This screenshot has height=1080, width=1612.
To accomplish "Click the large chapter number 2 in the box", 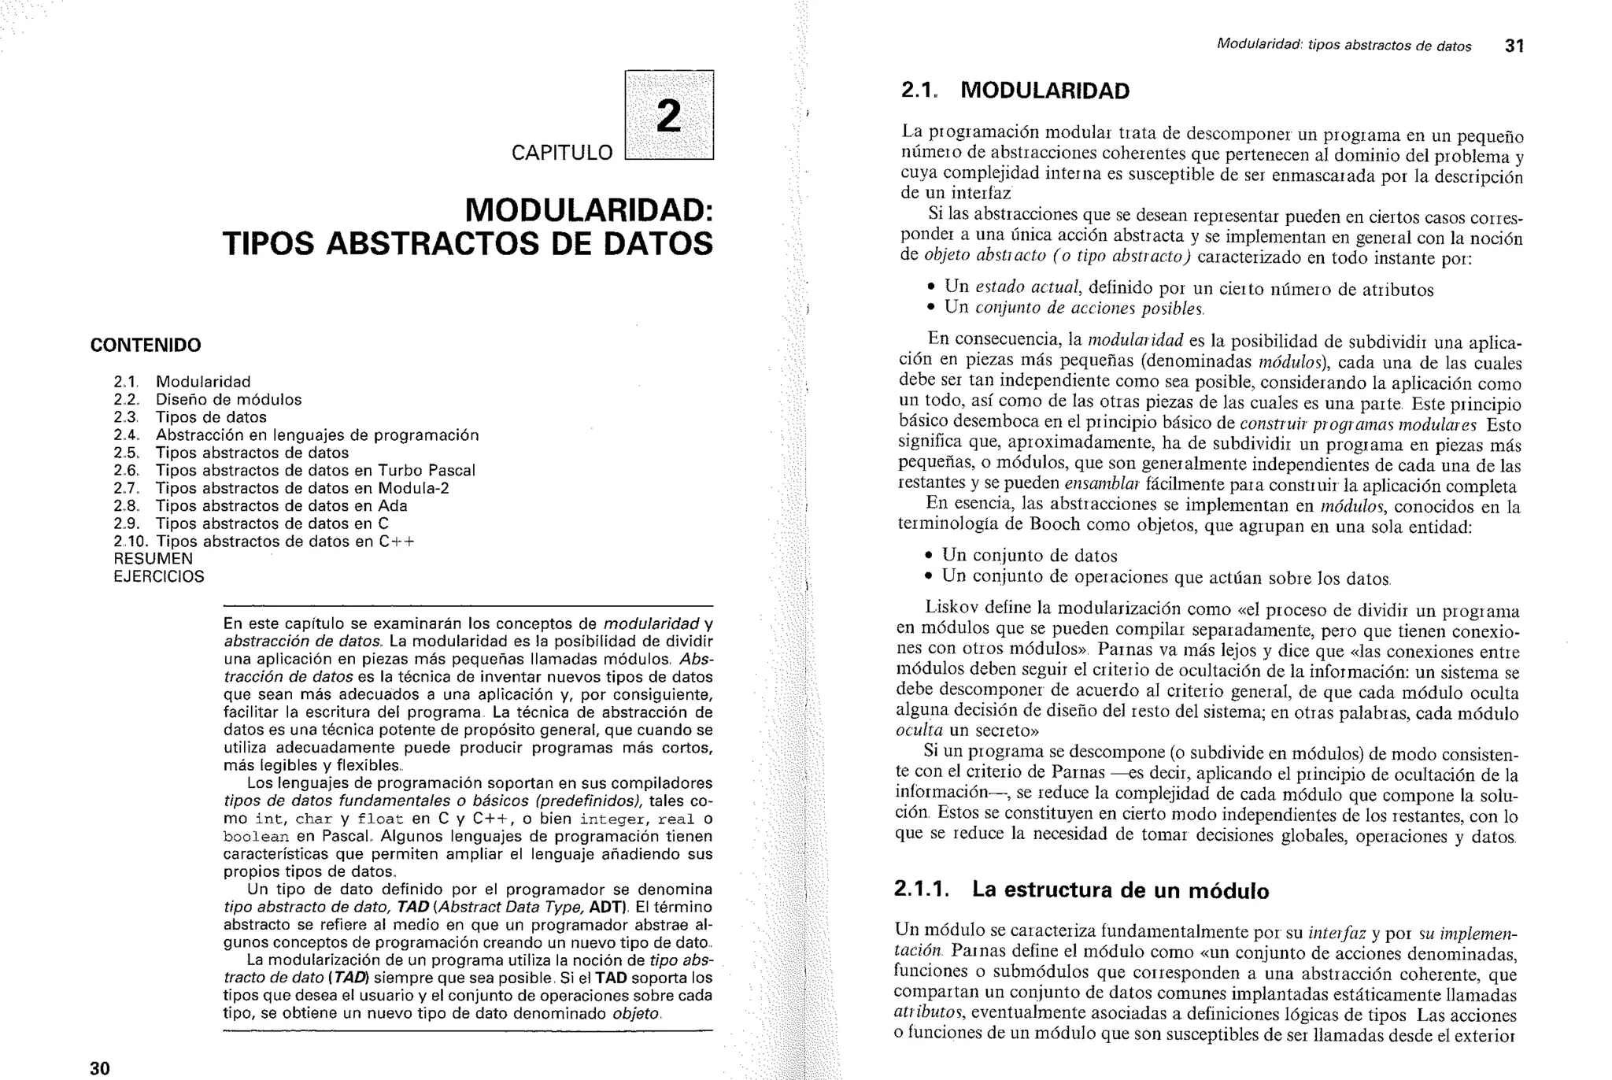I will pyautogui.click(x=668, y=117).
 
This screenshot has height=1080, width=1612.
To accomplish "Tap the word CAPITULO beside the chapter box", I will pyautogui.click(x=561, y=153).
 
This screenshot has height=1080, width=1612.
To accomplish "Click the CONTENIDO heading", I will pyautogui.click(x=146, y=345).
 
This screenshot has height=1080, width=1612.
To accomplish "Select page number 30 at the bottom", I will pyautogui.click(x=100, y=1068).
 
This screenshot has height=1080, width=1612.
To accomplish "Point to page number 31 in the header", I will pyautogui.click(x=1514, y=46).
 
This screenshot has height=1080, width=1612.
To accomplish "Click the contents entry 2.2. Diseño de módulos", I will pyautogui.click(x=208, y=400).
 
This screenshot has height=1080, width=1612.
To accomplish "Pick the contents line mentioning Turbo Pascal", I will pyautogui.click(x=294, y=471).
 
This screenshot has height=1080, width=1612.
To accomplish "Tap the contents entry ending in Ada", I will pyautogui.click(x=261, y=506).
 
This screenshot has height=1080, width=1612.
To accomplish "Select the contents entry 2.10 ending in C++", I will pyautogui.click(x=264, y=542).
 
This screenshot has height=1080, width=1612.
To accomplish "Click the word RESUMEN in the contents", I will pyautogui.click(x=153, y=559).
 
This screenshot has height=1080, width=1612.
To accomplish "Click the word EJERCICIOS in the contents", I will pyautogui.click(x=159, y=576).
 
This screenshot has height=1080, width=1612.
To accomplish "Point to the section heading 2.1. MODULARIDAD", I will pyautogui.click(x=1015, y=91).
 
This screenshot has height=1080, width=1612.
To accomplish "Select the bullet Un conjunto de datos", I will pyautogui.click(x=1030, y=556).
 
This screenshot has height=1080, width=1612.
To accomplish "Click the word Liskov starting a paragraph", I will pyautogui.click(x=949, y=608).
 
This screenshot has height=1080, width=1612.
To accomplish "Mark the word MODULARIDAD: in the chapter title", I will pyautogui.click(x=589, y=210).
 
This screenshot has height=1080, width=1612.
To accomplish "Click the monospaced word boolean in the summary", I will pyautogui.click(x=257, y=837).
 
